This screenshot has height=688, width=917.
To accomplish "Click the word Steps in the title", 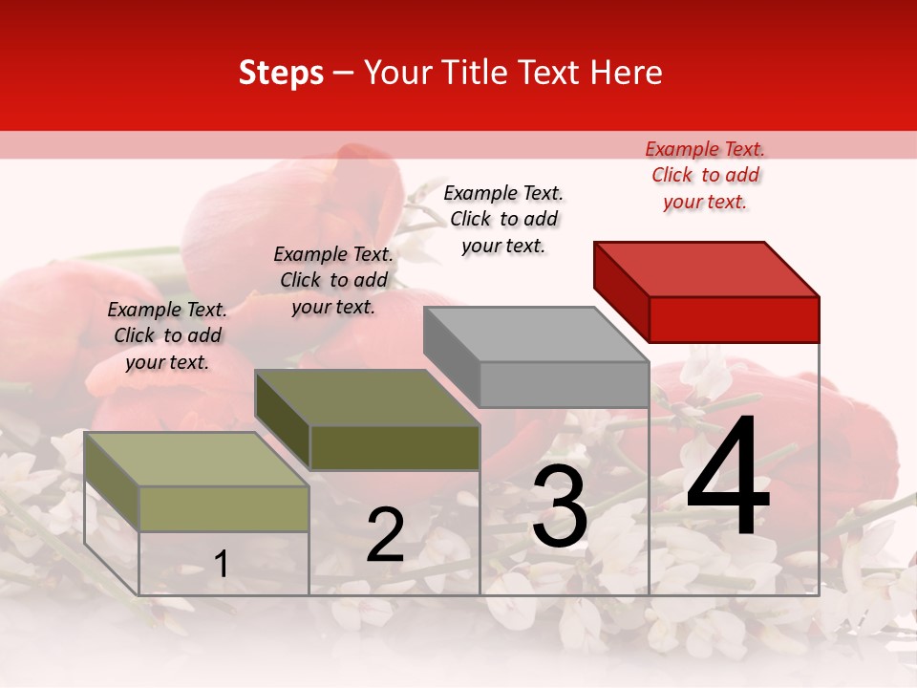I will pyautogui.click(x=281, y=73).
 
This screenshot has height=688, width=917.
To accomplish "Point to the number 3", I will pyautogui.click(x=560, y=507).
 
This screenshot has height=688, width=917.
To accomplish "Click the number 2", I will pyautogui.click(x=385, y=535).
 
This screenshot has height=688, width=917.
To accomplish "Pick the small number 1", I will pyautogui.click(x=222, y=564).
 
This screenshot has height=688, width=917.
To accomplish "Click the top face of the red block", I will pyautogui.click(x=707, y=269).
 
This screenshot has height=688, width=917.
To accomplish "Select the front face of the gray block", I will pyautogui.click(x=564, y=385).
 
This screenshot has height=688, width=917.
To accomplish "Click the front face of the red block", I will pyautogui.click(x=734, y=319).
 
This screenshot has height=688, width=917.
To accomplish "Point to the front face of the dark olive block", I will pyautogui.click(x=395, y=447).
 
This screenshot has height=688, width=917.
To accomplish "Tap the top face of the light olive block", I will pyautogui.click(x=197, y=460).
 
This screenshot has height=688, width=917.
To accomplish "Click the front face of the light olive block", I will pyautogui.click(x=224, y=508).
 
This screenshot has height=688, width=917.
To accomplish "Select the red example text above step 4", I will pyautogui.click(x=705, y=175).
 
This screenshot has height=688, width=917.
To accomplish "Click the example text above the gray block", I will pyautogui.click(x=503, y=219).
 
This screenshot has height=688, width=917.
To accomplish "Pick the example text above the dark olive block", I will pyautogui.click(x=333, y=280).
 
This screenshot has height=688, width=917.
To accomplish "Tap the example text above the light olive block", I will pyautogui.click(x=167, y=335).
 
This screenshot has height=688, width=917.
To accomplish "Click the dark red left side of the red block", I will pyautogui.click(x=621, y=290).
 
